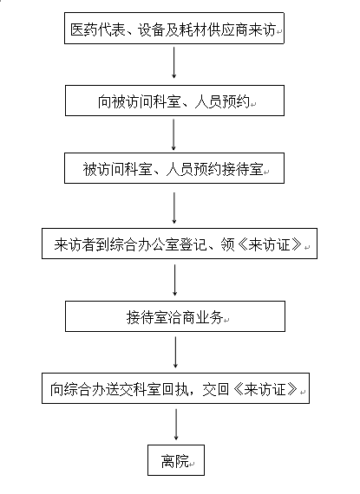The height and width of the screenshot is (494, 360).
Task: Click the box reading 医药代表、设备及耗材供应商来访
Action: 174,29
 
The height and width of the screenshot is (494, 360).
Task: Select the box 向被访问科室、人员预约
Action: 174,101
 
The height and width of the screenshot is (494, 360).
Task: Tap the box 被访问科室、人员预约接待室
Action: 174,168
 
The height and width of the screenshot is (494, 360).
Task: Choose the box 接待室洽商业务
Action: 175,316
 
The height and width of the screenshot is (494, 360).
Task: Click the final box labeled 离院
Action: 176,460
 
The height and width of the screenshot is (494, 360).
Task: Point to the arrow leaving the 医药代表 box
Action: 173,62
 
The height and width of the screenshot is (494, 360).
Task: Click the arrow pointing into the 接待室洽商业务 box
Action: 174,280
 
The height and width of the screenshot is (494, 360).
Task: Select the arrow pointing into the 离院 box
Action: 176,425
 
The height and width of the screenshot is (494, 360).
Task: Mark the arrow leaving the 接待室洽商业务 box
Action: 175,352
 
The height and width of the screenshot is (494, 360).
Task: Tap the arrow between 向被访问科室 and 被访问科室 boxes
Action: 173,134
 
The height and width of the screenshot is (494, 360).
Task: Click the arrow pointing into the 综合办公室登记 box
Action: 174,208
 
